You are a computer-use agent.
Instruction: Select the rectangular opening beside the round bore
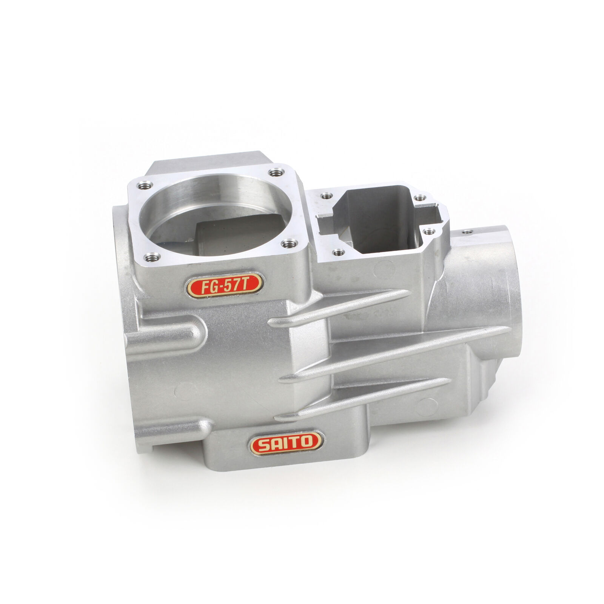pos(381,223)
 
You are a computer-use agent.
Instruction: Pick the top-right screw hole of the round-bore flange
pos(274,173)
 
